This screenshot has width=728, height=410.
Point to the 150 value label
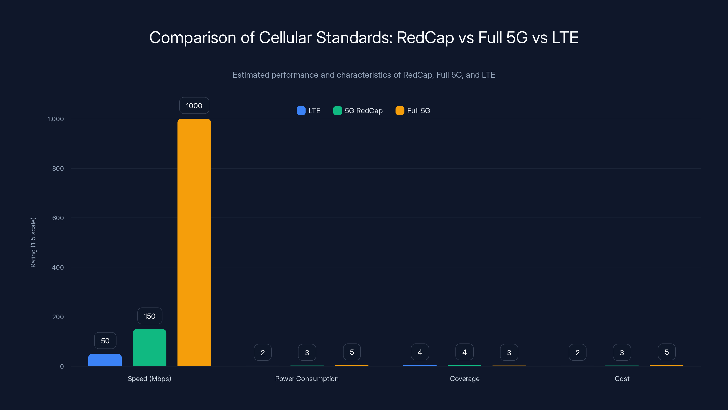click(x=150, y=316)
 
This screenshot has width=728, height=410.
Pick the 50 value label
click(x=105, y=341)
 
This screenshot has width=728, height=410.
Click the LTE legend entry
click(x=309, y=111)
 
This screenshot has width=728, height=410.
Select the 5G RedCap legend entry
click(x=358, y=111)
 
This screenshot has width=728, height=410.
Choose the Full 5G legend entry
click(x=413, y=111)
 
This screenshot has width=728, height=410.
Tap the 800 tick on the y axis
click(x=58, y=168)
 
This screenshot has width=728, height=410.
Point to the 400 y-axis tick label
click(x=58, y=267)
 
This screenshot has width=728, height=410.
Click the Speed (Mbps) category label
click(x=149, y=379)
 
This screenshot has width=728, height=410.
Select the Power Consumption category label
click(x=307, y=379)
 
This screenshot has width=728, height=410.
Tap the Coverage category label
click(x=465, y=379)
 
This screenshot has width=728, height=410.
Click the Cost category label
click(x=622, y=379)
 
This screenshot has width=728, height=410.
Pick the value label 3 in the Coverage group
click(x=509, y=353)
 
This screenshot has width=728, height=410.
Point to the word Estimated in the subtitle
click(x=251, y=75)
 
